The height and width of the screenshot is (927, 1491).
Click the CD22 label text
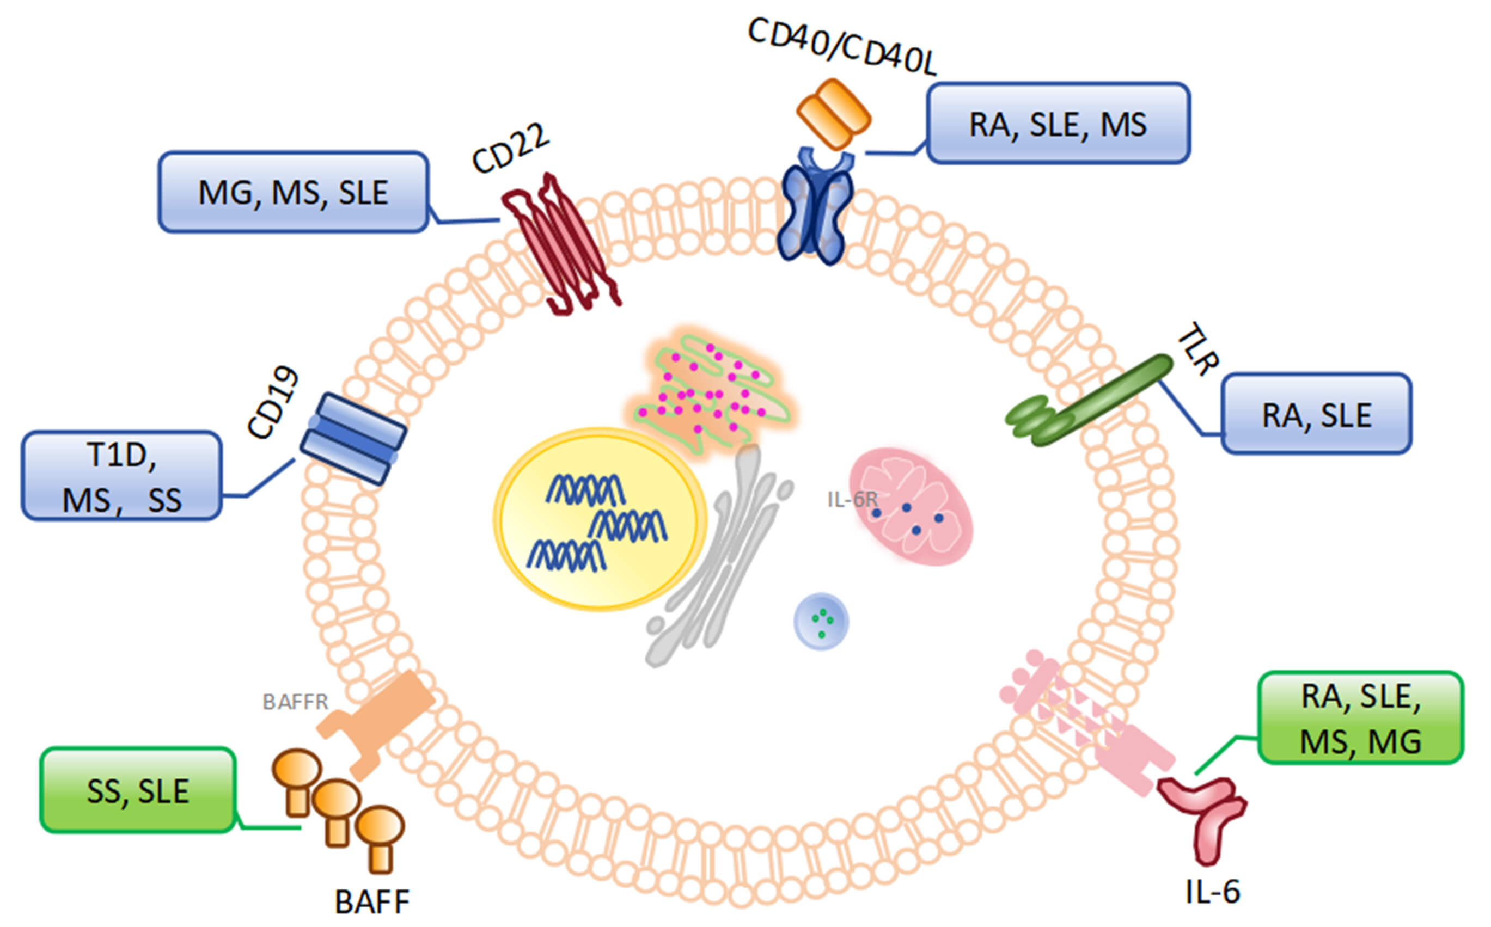[x=510, y=149]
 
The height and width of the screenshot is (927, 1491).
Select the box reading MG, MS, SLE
[x=292, y=193]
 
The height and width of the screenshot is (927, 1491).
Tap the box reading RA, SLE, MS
[x=1058, y=124]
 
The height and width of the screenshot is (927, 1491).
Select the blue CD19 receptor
[x=353, y=439]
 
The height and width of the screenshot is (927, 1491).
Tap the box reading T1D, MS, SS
[x=121, y=477]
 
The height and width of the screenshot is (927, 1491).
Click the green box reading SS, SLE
[x=138, y=790]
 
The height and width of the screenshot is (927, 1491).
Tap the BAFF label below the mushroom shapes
[x=372, y=902]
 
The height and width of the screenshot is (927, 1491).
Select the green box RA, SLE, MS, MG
[x=1360, y=719]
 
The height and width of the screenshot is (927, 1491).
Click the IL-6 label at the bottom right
[x=1213, y=892]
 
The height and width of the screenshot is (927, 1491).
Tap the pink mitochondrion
[x=911, y=506]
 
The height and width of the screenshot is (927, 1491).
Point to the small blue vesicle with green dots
[x=821, y=622]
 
